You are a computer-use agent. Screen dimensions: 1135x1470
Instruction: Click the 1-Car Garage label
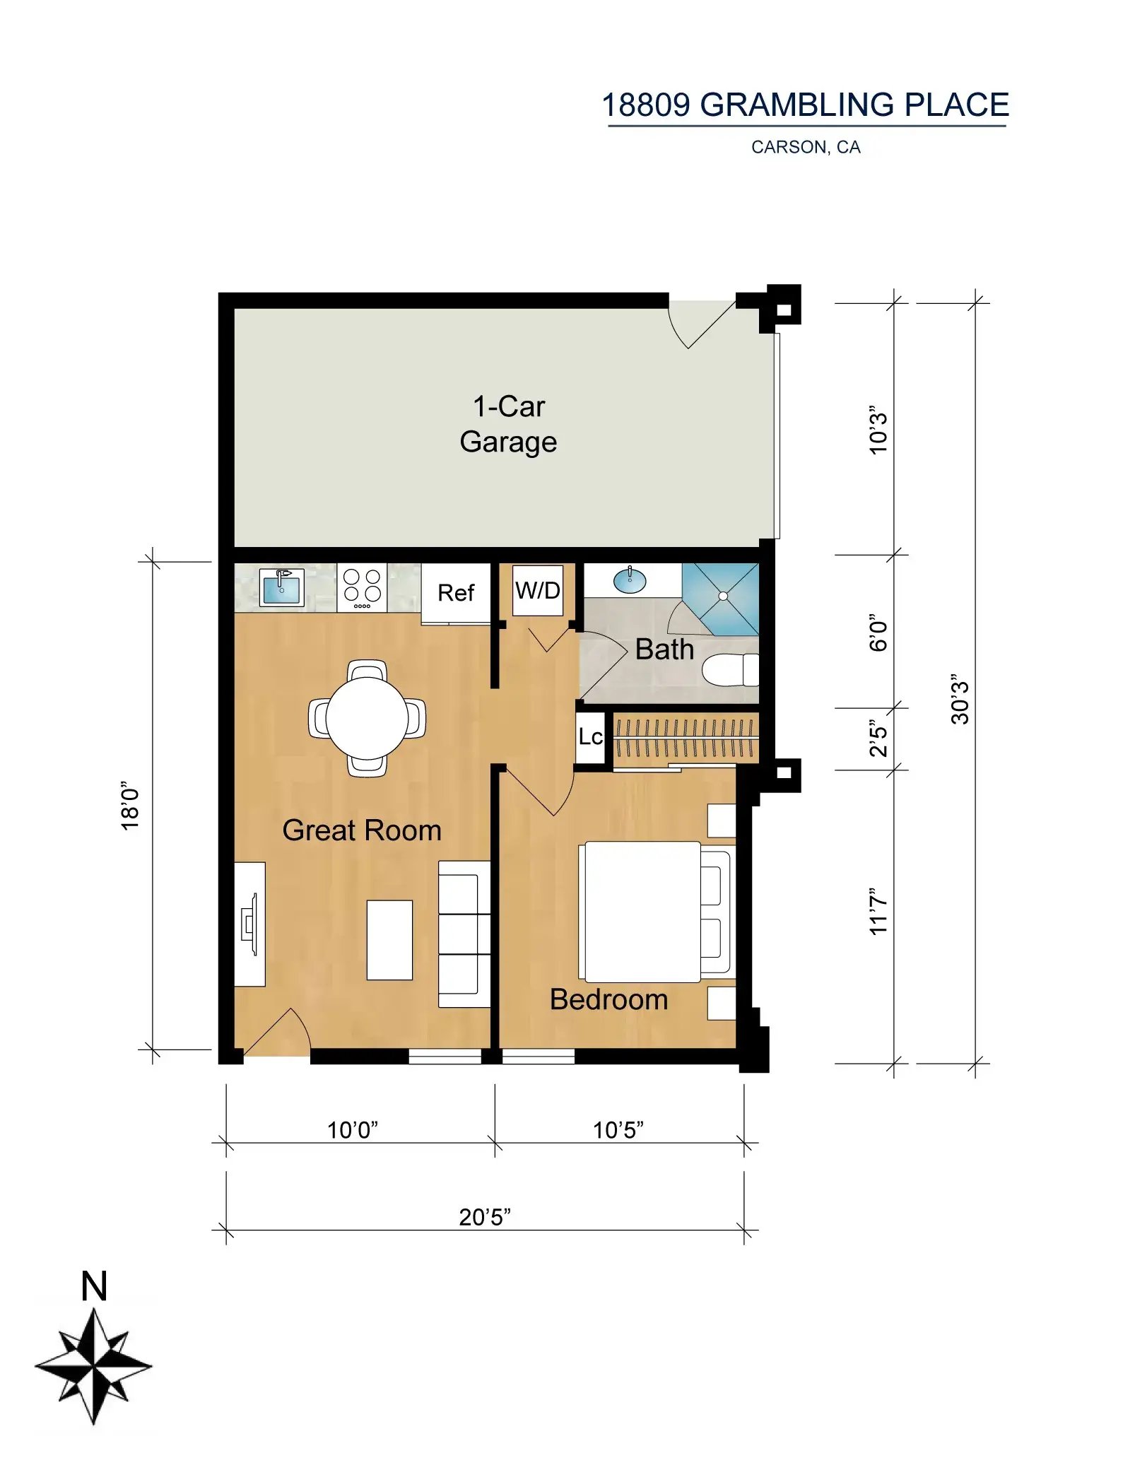coord(508,424)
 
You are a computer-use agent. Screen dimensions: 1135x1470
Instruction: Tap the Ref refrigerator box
coord(456,593)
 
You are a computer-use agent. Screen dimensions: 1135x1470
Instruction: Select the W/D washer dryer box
coord(538,590)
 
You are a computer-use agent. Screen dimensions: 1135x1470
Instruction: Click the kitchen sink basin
coord(282,587)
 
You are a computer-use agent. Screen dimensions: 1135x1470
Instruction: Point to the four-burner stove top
coord(362,587)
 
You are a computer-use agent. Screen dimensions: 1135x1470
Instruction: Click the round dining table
coord(367,718)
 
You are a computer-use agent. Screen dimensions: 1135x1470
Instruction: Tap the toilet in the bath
coord(730,669)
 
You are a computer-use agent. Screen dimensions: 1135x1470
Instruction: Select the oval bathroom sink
coord(630,581)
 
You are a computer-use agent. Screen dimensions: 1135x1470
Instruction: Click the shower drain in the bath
coord(723,596)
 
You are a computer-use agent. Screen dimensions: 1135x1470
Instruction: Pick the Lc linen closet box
coord(591,737)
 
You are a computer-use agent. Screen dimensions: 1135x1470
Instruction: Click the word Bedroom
coord(608,999)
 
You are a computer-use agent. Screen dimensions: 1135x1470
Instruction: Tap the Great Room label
coord(362,830)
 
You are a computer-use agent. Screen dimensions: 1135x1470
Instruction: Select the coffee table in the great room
coord(389,940)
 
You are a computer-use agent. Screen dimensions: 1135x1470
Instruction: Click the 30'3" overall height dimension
coord(959,698)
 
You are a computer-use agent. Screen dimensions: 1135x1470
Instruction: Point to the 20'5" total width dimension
coord(485,1217)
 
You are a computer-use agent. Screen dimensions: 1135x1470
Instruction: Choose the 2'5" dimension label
coord(878,739)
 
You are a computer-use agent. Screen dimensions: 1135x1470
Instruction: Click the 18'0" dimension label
coord(130,806)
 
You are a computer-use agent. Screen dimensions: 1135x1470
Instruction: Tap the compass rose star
coord(93,1365)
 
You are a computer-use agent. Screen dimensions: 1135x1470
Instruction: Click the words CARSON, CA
coord(806,147)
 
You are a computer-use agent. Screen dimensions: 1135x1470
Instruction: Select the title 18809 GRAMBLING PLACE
coord(806,105)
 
